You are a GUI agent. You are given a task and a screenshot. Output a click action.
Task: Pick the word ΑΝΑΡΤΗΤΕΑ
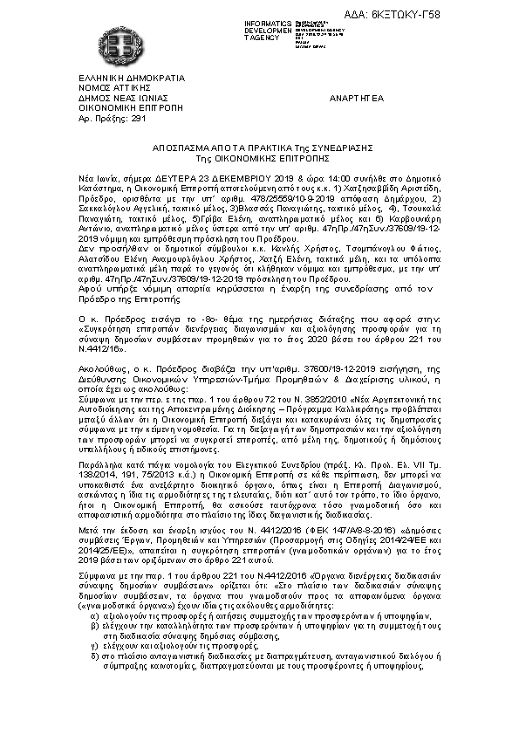pos(355,100)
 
